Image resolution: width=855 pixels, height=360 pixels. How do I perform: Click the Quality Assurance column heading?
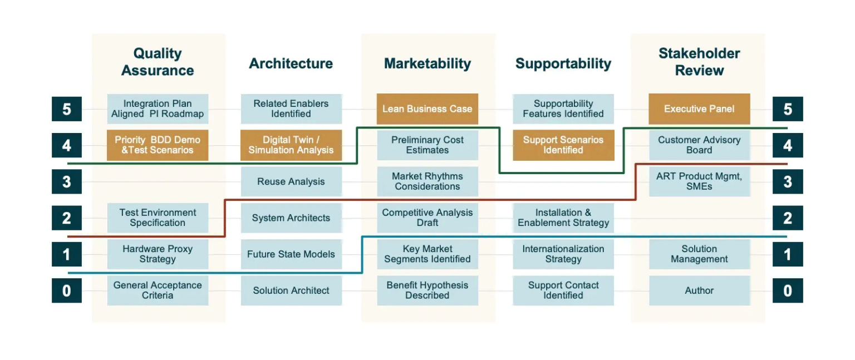(x=158, y=62)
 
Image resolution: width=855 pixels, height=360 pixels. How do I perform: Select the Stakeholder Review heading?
(x=699, y=62)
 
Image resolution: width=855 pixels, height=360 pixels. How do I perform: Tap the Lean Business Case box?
(x=427, y=109)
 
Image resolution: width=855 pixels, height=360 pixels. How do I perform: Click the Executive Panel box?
(x=699, y=109)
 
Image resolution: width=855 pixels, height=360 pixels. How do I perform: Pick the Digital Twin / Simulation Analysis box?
(x=291, y=145)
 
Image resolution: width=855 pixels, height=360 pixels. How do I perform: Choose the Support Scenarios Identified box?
(x=563, y=145)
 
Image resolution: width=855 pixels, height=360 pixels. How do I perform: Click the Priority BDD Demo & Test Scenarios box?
(x=158, y=145)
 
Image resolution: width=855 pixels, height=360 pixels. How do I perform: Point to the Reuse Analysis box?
(x=291, y=182)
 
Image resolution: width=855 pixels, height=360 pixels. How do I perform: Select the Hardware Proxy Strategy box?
(x=158, y=254)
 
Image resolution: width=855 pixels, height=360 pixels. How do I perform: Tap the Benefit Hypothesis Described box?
(x=427, y=290)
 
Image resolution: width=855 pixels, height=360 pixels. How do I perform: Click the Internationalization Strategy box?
(x=563, y=254)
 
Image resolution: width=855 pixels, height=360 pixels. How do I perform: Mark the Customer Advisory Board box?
(x=699, y=145)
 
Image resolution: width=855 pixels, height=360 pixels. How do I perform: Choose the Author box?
(x=699, y=290)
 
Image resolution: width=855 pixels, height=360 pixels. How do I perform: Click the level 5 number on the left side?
(x=67, y=109)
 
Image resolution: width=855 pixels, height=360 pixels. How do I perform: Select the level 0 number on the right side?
(x=787, y=290)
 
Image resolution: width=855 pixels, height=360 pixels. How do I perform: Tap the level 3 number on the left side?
(x=67, y=182)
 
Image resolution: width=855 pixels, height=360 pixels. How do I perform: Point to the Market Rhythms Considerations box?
(x=427, y=181)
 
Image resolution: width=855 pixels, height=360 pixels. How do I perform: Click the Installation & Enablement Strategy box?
(x=563, y=218)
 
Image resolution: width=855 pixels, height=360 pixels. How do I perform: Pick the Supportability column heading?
(x=563, y=64)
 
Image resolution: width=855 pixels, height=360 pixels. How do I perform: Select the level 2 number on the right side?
(x=787, y=218)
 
